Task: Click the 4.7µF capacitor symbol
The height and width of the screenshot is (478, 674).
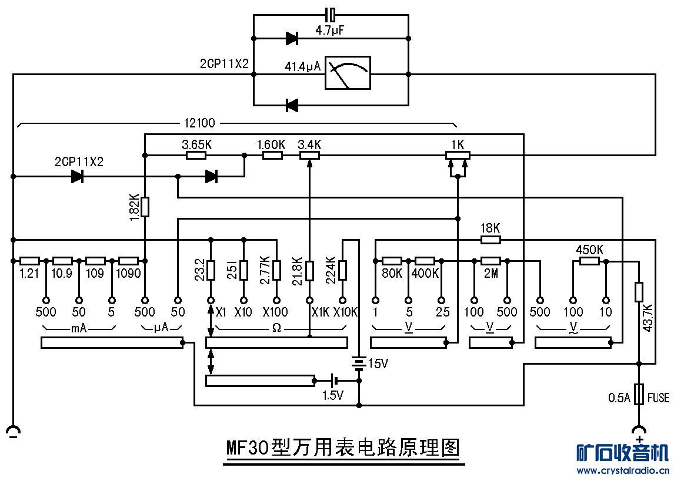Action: (x=331, y=14)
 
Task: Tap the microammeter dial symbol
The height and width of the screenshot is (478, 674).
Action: (x=348, y=73)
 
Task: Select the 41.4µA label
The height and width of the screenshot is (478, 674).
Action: (x=303, y=67)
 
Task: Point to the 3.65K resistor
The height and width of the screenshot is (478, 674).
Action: (x=196, y=155)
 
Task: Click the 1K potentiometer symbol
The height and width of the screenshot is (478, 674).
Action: (x=457, y=155)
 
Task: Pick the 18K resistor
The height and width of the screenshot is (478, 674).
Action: (x=491, y=239)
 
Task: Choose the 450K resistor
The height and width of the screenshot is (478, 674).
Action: (x=589, y=261)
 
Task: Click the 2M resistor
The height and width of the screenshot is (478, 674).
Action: (x=490, y=261)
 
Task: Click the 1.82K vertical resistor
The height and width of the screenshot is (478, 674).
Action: (x=145, y=207)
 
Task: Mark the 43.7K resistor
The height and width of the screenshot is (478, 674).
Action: (x=639, y=291)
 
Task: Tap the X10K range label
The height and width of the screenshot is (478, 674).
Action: (x=345, y=312)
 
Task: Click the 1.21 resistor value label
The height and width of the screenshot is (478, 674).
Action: (x=28, y=274)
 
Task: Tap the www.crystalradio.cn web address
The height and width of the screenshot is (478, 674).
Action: (x=622, y=470)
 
